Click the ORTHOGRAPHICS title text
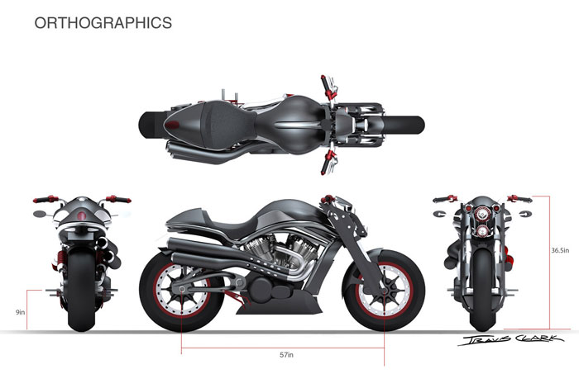point(103,23)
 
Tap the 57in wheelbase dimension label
point(286,355)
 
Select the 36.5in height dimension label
point(560,250)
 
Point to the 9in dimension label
point(21,312)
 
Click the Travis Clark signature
point(510,339)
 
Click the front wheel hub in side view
point(384,291)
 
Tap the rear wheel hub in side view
point(181,290)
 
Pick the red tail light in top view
point(172,125)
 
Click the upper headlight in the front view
point(481,213)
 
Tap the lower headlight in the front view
point(481,230)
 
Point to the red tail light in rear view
point(82,215)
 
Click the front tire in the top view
point(404,125)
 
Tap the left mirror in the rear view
point(38,214)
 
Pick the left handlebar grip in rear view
point(41,200)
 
